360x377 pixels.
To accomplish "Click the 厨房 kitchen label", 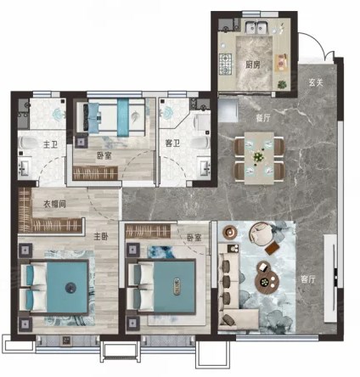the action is [x=252, y=65].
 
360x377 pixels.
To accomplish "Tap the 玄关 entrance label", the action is [x=316, y=82].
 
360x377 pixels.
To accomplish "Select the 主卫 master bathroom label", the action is [x=50, y=144].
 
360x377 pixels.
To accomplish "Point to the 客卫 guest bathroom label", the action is [x=172, y=143].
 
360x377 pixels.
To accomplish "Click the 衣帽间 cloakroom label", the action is [x=54, y=204].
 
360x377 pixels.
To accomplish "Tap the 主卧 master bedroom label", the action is [x=101, y=236].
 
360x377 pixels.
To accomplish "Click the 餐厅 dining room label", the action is [x=263, y=118].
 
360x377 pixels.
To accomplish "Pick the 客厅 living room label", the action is [x=308, y=279].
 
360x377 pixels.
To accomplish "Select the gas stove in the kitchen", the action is [x=225, y=65].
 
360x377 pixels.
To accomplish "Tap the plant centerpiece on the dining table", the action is [x=258, y=156].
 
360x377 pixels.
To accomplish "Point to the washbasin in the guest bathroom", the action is [x=205, y=168].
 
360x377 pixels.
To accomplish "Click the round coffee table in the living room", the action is [x=267, y=280].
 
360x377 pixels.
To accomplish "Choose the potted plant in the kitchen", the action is [x=282, y=84].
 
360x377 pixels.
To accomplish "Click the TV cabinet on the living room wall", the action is [x=330, y=279].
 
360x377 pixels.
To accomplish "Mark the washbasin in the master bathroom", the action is [x=24, y=169].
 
